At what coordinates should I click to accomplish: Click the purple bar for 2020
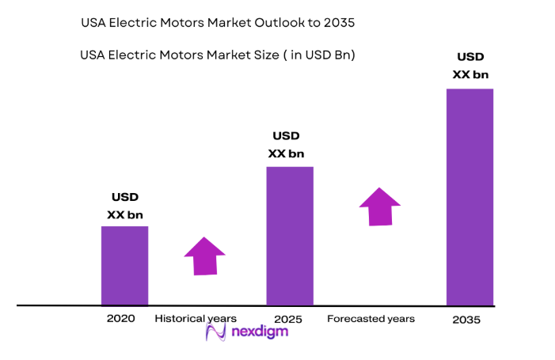click(124, 265)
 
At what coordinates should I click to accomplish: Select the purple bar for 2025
click(289, 236)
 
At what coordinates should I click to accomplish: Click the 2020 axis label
click(120, 318)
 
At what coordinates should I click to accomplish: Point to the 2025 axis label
click(288, 319)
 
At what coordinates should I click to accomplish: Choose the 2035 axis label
click(466, 320)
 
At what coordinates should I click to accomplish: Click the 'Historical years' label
click(196, 318)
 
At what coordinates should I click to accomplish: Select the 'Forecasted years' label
click(371, 319)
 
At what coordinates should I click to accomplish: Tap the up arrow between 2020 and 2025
click(204, 256)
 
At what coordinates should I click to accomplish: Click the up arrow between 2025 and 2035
click(380, 207)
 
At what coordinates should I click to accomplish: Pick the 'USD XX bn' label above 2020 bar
click(124, 206)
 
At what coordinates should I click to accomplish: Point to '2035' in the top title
click(338, 24)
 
